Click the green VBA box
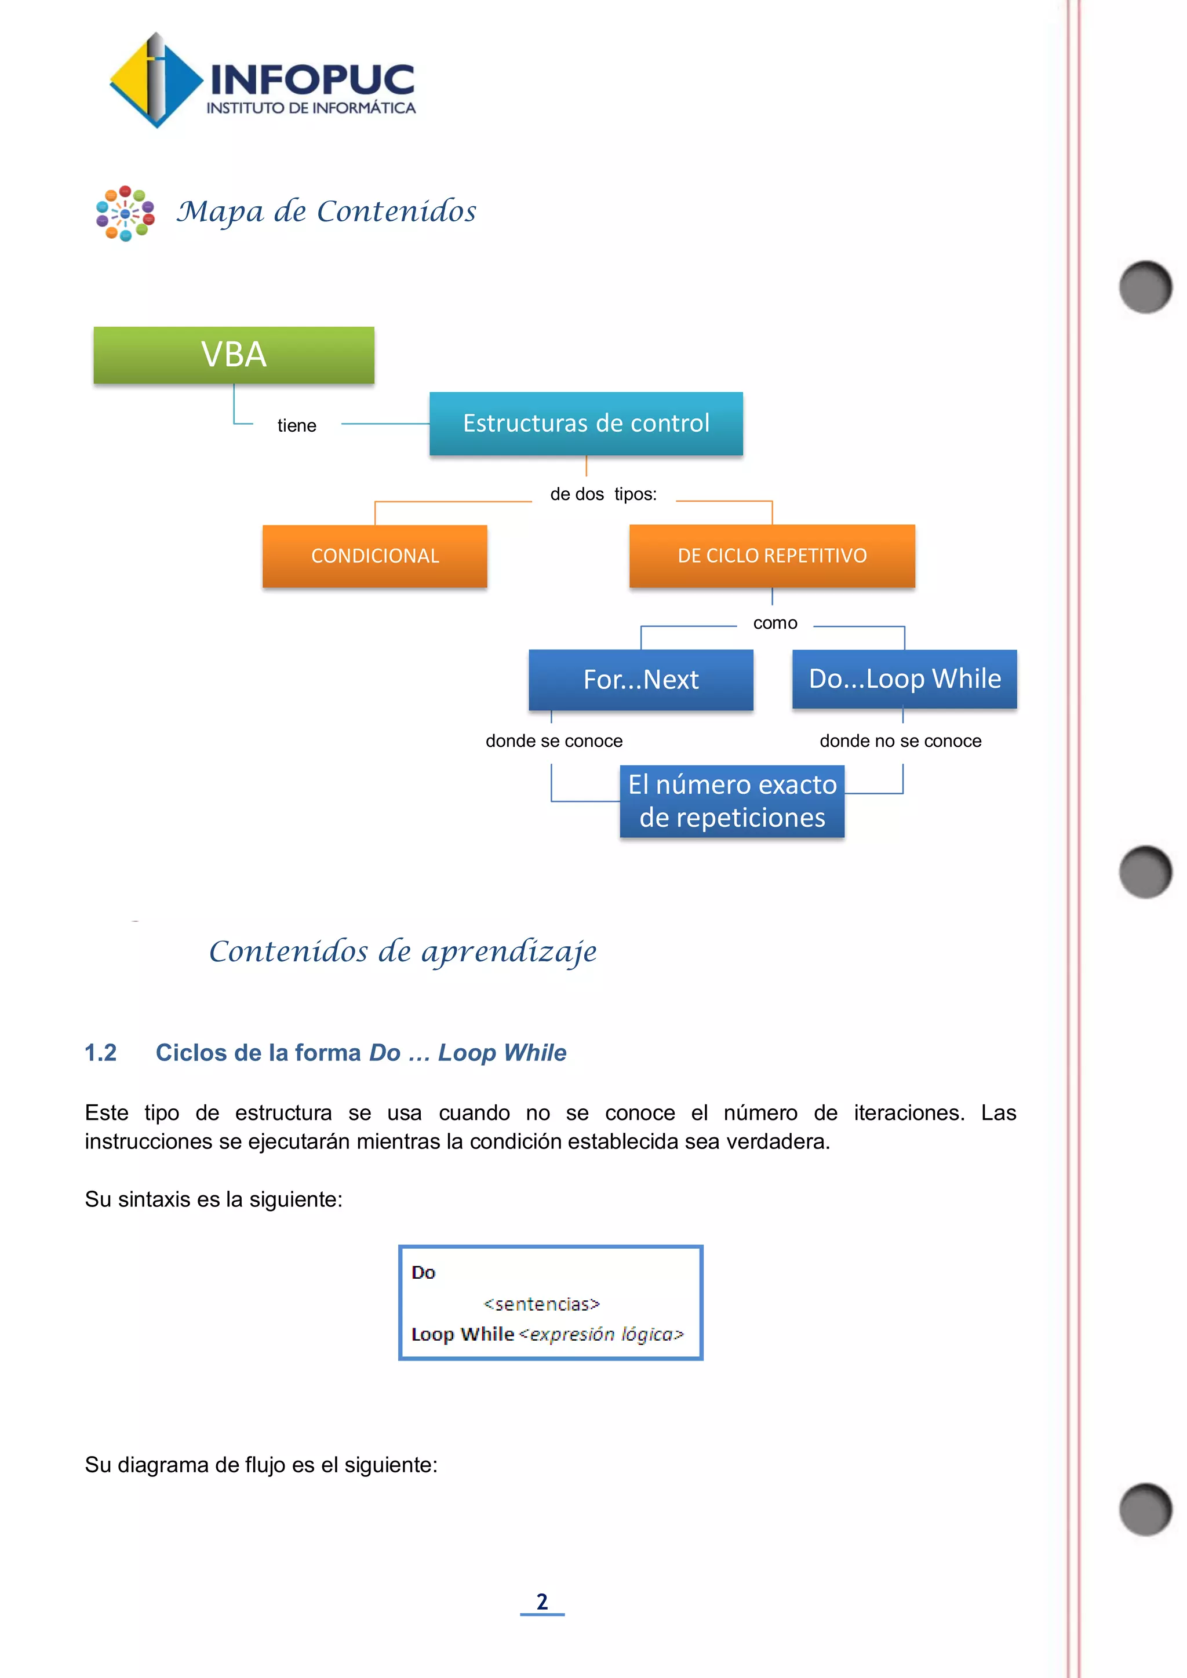click(234, 355)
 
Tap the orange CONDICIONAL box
click(375, 556)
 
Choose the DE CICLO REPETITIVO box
click(772, 556)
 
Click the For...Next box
click(640, 680)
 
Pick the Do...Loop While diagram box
click(904, 679)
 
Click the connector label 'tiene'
click(297, 426)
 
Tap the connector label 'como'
click(775, 623)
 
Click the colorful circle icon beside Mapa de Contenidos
click(125, 213)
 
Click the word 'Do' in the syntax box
click(423, 1272)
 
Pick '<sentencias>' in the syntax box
click(541, 1304)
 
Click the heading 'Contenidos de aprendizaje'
click(403, 951)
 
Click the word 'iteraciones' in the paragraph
click(909, 1113)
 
